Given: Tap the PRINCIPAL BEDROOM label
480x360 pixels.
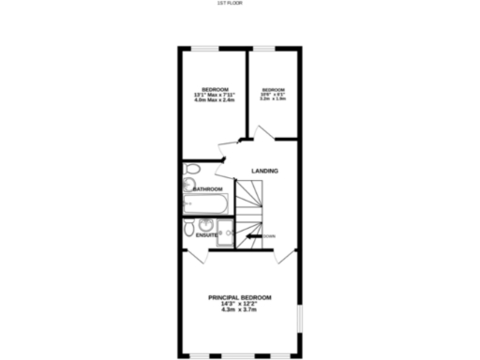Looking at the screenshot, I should pos(240,297).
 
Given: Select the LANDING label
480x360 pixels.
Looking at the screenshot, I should pos(263,170).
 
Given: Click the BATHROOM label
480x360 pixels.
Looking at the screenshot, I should pos(207,188).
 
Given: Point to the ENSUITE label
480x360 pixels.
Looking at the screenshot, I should pos(206,235).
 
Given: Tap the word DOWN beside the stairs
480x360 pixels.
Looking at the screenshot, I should pos(270,235).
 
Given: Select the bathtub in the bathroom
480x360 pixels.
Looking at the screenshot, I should pos(203,202).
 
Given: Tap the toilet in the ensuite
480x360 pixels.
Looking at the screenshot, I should pos(190,227).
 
